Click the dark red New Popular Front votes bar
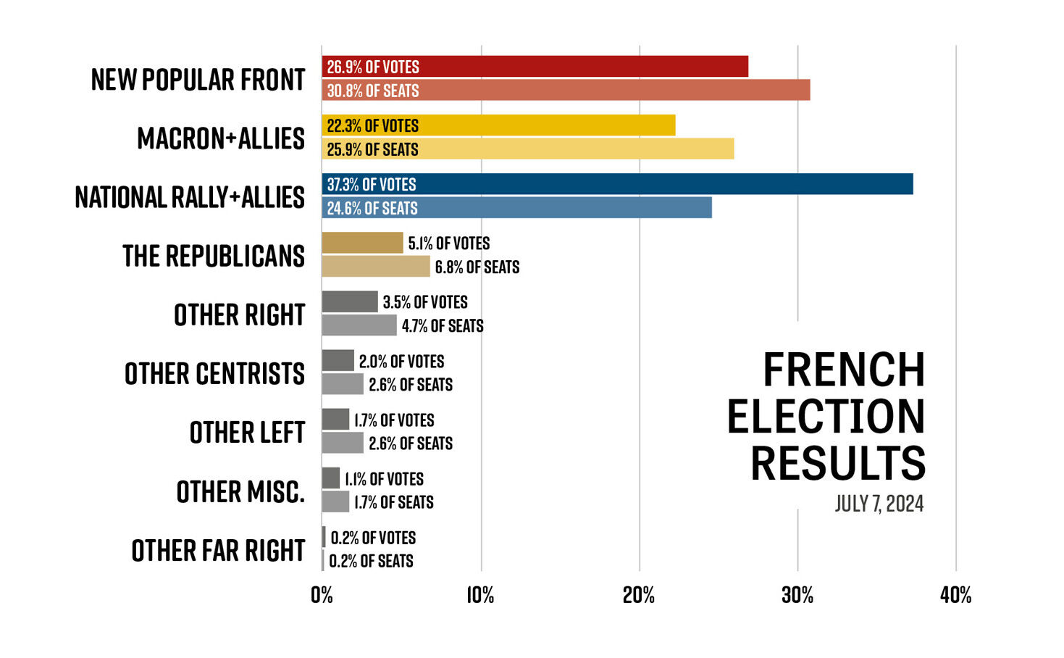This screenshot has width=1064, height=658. (x=535, y=67)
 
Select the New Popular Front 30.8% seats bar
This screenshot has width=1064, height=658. (x=566, y=91)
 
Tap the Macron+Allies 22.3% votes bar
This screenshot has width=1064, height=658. (x=498, y=125)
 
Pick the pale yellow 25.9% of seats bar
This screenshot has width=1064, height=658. (x=527, y=149)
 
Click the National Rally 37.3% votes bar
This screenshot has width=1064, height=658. (x=617, y=184)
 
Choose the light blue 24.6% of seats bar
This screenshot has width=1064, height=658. (x=516, y=208)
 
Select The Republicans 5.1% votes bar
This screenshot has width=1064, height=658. (x=362, y=243)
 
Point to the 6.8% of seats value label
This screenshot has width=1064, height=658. (x=477, y=267)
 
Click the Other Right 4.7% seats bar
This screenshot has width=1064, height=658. (x=359, y=325)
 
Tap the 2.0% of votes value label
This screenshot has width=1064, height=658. (x=401, y=361)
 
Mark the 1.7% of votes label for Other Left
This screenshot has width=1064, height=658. (x=394, y=420)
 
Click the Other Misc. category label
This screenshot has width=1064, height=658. (x=240, y=492)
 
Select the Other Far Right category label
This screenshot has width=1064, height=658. (x=218, y=551)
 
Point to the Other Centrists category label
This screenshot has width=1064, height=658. (x=214, y=374)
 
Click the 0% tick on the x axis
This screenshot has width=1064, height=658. (x=322, y=596)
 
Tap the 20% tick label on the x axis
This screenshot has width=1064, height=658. (x=639, y=596)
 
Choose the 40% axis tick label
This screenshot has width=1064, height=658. (x=955, y=596)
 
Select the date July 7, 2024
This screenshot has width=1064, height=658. (x=879, y=504)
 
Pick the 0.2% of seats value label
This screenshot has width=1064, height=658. (x=371, y=561)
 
